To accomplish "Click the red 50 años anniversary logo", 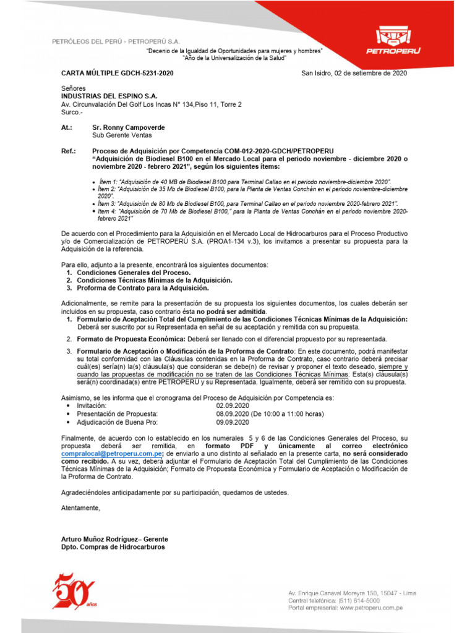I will [74, 590].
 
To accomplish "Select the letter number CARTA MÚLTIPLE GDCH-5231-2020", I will [117, 73].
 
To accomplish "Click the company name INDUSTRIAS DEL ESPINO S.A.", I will [109, 96].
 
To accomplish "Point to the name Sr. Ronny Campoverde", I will [129, 127].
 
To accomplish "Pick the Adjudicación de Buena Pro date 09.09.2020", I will [232, 422].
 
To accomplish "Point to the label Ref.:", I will [68, 151].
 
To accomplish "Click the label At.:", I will [67, 127].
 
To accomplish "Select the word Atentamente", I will [80, 508].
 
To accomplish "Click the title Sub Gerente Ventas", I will [122, 135].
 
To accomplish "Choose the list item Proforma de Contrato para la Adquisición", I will [143, 288].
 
